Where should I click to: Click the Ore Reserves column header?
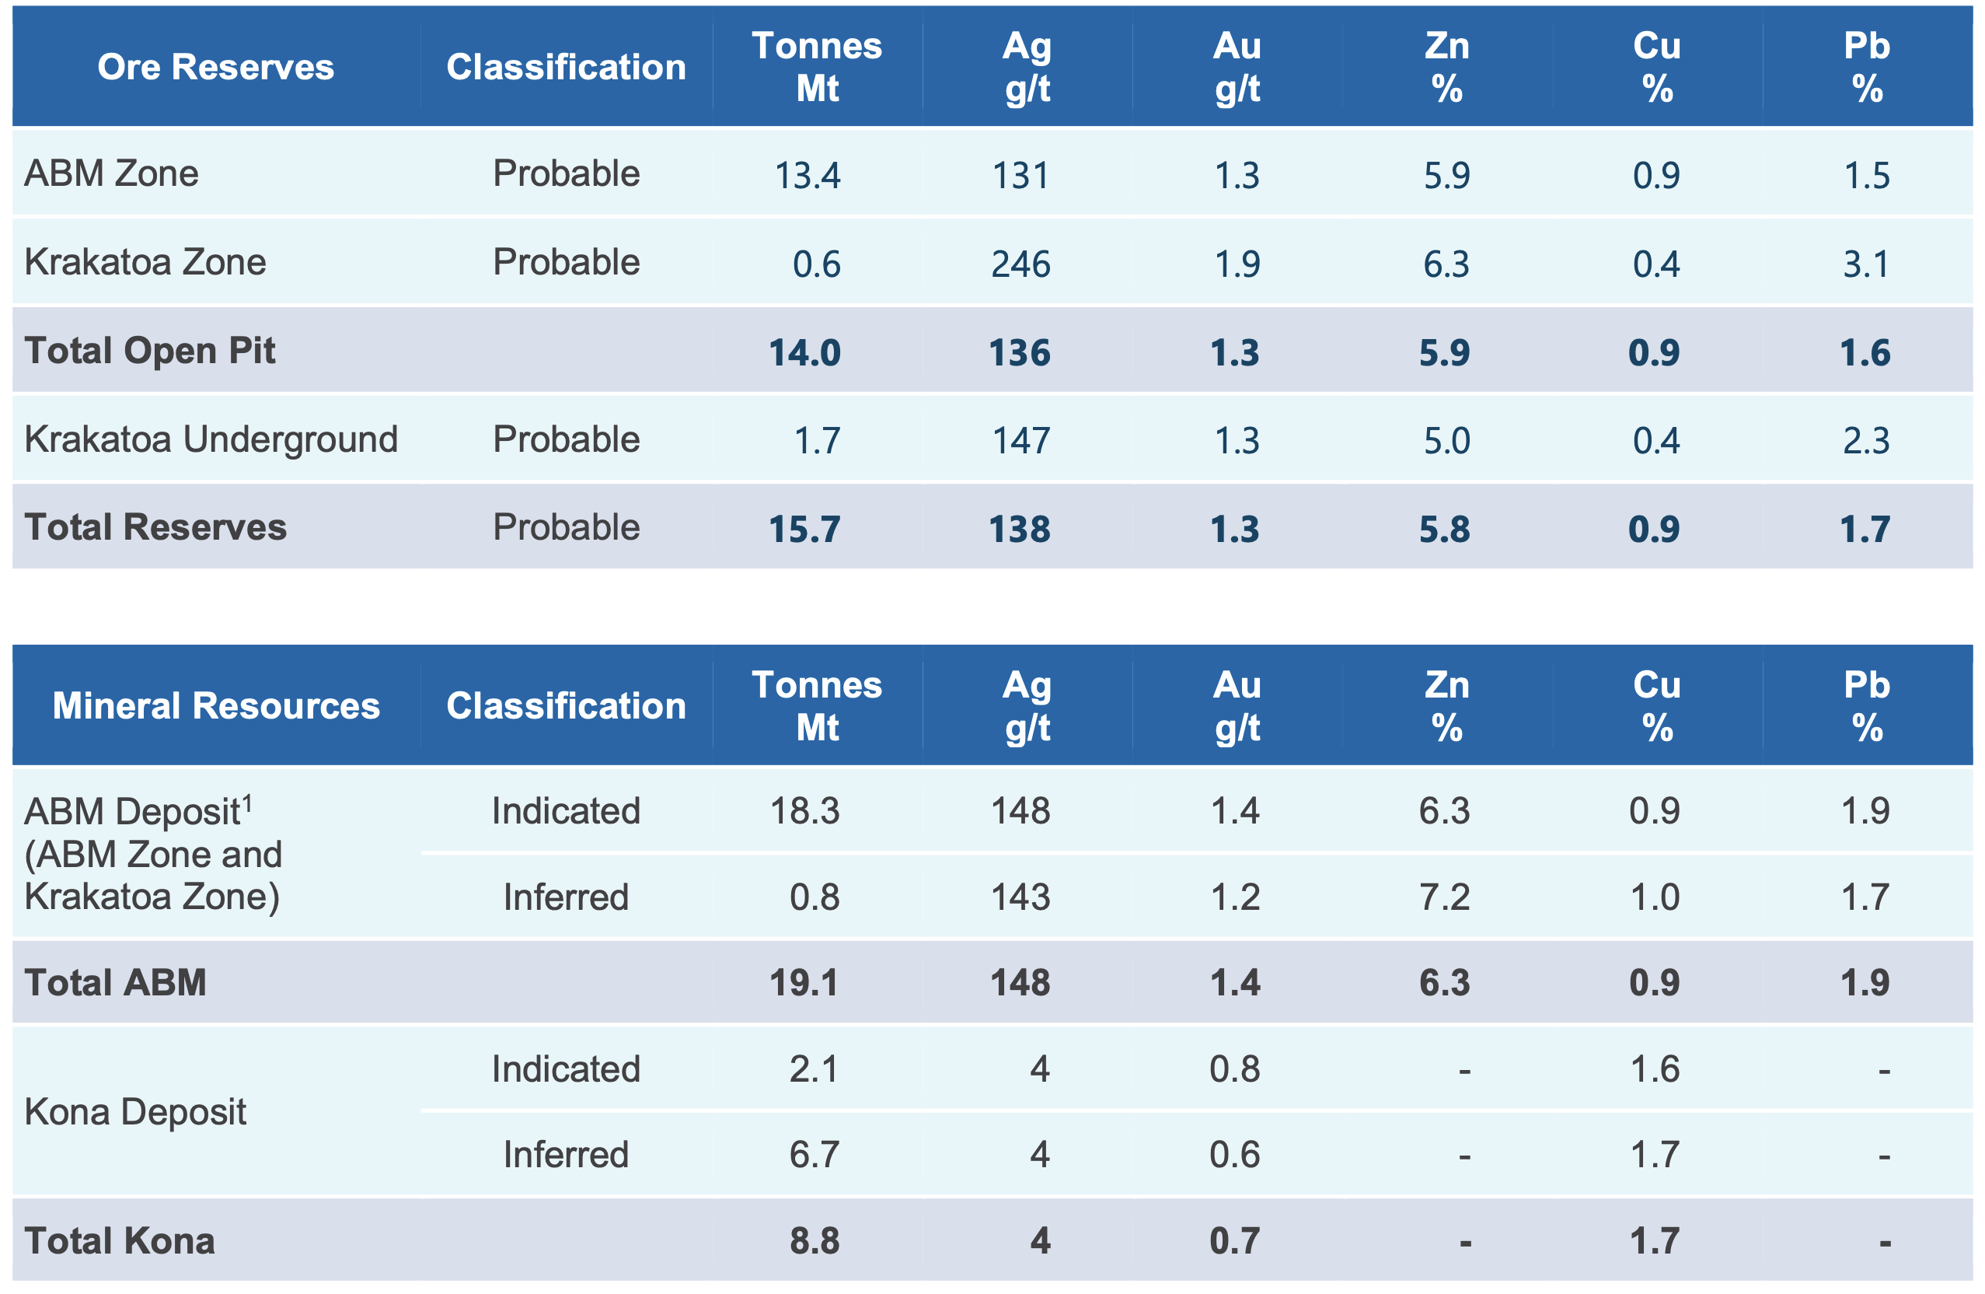tap(215, 67)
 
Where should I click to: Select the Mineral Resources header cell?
tap(216, 706)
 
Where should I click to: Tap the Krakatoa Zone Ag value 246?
tap(1020, 264)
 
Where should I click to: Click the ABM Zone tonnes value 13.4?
tap(808, 175)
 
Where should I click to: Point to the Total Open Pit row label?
tap(150, 351)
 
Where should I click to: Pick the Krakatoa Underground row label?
tap(211, 439)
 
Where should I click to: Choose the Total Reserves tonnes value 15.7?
tap(804, 529)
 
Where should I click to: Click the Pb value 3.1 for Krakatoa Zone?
tap(1866, 264)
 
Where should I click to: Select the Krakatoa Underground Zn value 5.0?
tap(1446, 440)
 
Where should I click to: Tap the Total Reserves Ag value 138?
tap(1019, 529)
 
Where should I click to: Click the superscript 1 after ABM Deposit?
tap(248, 804)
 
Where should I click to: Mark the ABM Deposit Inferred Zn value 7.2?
tap(1445, 897)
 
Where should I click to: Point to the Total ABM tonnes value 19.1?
tap(804, 983)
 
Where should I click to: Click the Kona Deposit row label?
tap(135, 1112)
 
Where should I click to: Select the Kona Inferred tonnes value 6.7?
tap(814, 1155)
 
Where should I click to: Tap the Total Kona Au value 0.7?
tap(1234, 1241)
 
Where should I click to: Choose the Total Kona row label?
tap(120, 1240)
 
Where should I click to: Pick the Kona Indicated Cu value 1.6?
tap(1655, 1068)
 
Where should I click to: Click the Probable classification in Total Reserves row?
tap(567, 527)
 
